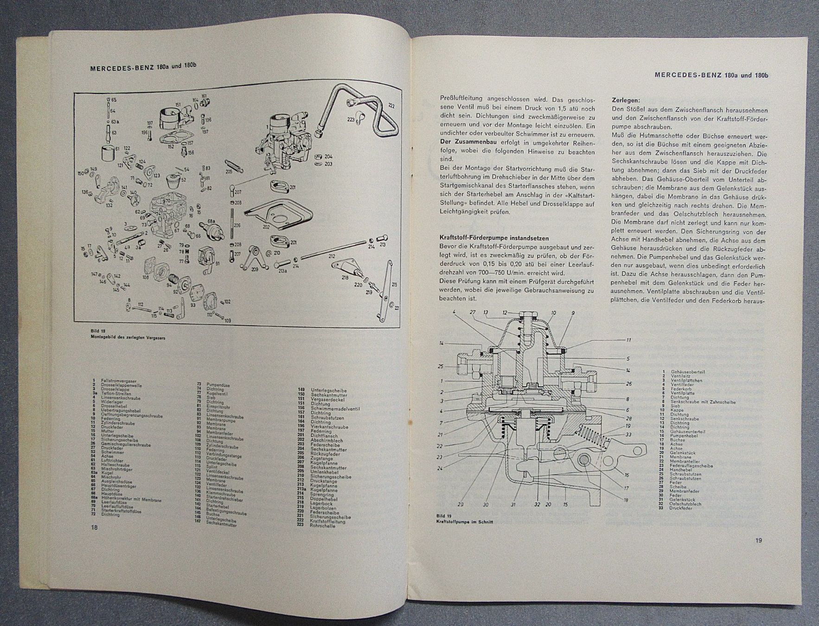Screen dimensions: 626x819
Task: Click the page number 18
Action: tap(94, 527)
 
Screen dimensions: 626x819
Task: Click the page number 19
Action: tap(758, 540)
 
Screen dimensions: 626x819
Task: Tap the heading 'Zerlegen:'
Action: tap(626, 100)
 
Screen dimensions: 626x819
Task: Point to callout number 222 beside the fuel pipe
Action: tap(391, 106)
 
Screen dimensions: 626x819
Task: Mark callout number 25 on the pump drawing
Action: tap(441, 366)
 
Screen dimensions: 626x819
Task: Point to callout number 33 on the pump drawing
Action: tap(628, 434)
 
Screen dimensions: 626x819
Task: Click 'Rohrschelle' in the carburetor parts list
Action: tap(323, 526)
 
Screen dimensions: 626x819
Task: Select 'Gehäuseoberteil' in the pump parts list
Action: tap(688, 372)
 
